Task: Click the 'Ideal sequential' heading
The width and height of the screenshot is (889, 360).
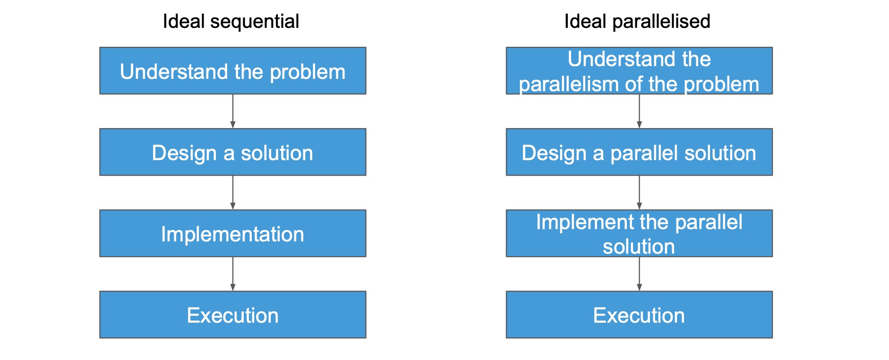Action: point(231,22)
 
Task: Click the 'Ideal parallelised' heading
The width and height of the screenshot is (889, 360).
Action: point(637,22)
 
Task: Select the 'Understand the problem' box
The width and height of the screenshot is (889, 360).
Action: point(233,71)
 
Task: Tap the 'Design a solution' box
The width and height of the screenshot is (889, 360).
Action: point(233,152)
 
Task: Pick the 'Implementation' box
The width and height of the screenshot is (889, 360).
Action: point(233,233)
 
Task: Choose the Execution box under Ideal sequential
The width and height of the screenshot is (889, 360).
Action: point(233,315)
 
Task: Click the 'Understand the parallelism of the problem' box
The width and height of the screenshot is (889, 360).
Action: point(639,71)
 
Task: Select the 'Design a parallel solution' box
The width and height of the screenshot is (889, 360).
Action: point(639,152)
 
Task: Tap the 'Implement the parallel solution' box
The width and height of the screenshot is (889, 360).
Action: point(639,233)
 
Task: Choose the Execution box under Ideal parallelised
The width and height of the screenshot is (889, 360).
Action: point(639,315)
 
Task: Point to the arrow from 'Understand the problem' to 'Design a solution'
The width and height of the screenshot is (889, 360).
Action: point(233,111)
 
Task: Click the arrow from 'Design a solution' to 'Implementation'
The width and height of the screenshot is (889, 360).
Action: point(233,193)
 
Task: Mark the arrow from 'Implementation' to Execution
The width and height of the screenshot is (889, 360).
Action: point(233,274)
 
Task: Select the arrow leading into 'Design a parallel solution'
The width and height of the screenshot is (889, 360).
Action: point(639,111)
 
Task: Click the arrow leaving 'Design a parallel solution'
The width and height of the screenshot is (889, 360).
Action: point(639,193)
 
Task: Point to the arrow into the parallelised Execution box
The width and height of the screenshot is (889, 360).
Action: point(639,274)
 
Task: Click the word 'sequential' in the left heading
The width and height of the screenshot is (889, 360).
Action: point(255,22)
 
